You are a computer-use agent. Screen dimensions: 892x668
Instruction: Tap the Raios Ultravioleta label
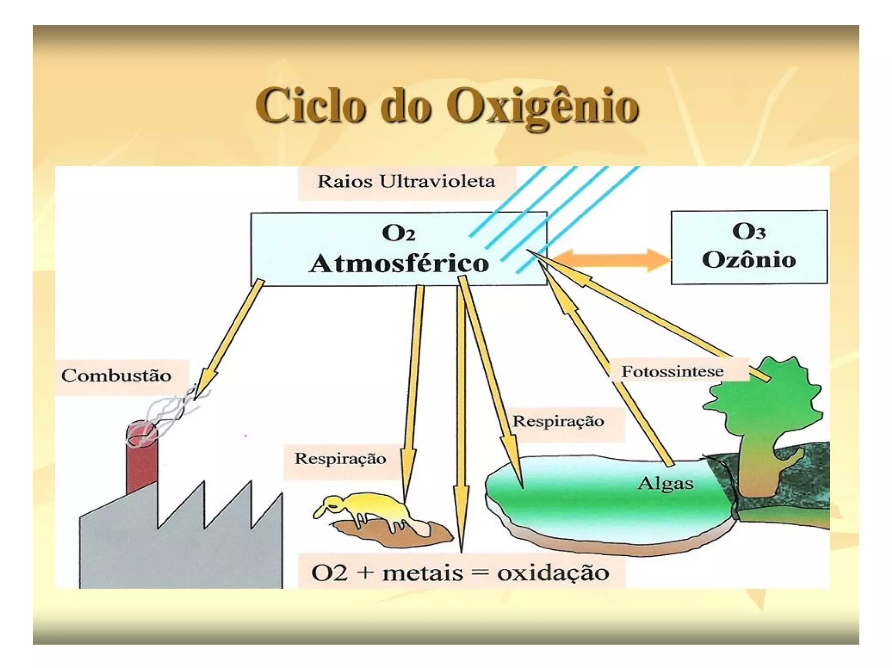click(406, 182)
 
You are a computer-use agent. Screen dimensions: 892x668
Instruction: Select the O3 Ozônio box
click(748, 247)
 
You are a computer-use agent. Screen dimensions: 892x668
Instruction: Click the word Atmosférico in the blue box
click(399, 264)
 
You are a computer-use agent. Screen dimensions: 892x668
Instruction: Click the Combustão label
click(116, 376)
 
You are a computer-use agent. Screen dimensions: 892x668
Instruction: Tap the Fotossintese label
click(672, 372)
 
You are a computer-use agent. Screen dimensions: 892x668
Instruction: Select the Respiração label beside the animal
click(340, 459)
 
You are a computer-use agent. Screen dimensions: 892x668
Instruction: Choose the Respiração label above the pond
click(558, 421)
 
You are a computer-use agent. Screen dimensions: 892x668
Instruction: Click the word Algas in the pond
click(666, 483)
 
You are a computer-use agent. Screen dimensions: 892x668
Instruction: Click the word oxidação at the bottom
click(553, 573)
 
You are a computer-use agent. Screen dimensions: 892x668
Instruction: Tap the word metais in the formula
click(422, 573)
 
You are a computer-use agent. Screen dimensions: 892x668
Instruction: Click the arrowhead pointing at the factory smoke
click(204, 383)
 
